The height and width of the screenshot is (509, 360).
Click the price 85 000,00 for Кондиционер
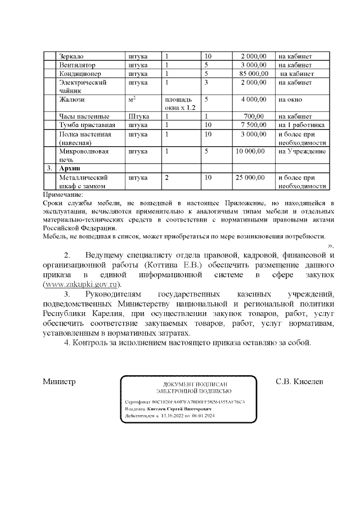point(254,74)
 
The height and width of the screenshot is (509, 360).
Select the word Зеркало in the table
point(71,57)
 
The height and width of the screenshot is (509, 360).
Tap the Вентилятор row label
point(77,65)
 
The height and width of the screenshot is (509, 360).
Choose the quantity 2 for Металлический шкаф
point(166,177)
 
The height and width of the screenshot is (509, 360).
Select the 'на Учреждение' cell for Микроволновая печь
point(302,151)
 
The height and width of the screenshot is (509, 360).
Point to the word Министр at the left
point(59,382)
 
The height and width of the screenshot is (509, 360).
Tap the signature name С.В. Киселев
point(300,382)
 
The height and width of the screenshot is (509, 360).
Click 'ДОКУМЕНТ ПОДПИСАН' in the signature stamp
point(188,383)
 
